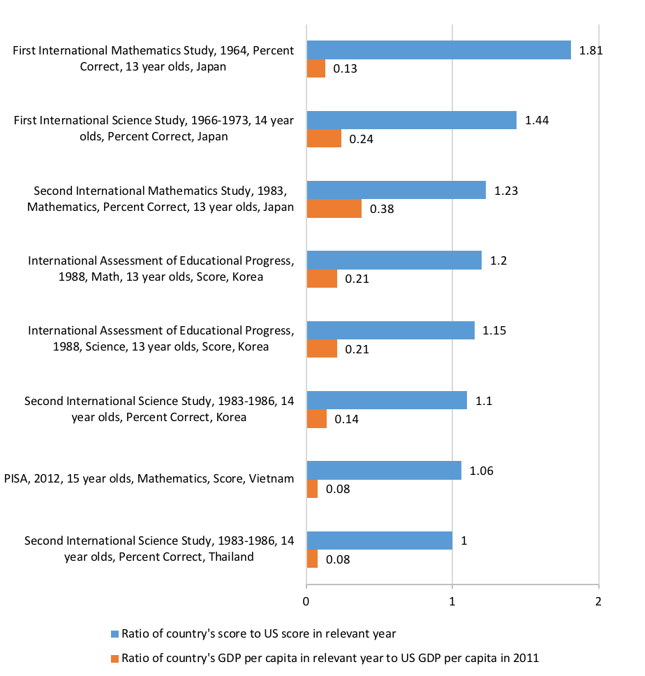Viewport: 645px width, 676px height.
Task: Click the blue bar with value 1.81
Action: point(438,50)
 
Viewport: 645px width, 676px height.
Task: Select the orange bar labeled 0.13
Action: point(316,68)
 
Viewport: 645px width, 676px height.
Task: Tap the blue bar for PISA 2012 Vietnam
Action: point(384,471)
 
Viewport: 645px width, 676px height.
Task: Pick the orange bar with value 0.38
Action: point(334,209)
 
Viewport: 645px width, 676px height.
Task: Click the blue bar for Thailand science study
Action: point(379,541)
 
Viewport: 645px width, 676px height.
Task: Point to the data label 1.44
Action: point(537,120)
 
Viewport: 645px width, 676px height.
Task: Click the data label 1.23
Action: point(506,190)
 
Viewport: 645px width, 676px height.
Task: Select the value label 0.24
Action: point(362,139)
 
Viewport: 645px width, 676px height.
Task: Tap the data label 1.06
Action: point(482,471)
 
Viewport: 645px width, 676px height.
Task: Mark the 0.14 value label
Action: point(346,419)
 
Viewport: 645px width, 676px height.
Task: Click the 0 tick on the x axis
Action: point(306,601)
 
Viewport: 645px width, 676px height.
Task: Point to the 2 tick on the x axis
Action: point(598,601)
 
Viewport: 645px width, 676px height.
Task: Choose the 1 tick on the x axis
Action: point(452,601)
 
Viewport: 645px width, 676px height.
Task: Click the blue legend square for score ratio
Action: point(115,634)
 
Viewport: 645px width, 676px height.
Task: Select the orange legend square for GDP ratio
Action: point(115,658)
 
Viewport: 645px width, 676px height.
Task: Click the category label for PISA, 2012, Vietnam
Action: point(149,478)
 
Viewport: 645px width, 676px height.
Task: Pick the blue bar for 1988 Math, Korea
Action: point(394,260)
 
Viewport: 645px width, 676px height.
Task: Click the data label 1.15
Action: point(495,330)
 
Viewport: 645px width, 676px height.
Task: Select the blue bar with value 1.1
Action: point(387,400)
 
